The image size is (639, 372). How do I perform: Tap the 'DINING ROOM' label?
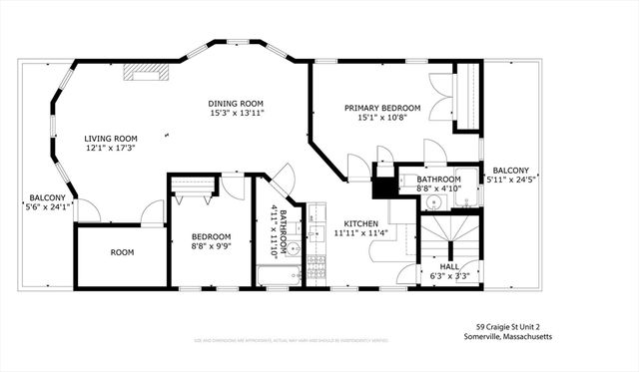(236, 104)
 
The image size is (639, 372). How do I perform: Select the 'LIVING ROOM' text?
(110, 139)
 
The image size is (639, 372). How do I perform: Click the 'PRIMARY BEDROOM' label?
(382, 108)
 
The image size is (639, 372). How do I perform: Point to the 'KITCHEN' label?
(360, 223)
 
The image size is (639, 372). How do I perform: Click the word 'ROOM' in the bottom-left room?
(122, 253)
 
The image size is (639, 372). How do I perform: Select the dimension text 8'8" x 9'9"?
(211, 247)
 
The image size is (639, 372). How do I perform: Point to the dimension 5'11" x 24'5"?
(510, 181)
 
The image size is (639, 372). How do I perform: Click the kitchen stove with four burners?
(317, 266)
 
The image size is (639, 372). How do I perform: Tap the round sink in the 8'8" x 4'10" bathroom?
(432, 202)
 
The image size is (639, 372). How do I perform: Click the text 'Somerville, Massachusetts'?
(513, 337)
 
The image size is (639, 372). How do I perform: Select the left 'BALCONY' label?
(47, 197)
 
